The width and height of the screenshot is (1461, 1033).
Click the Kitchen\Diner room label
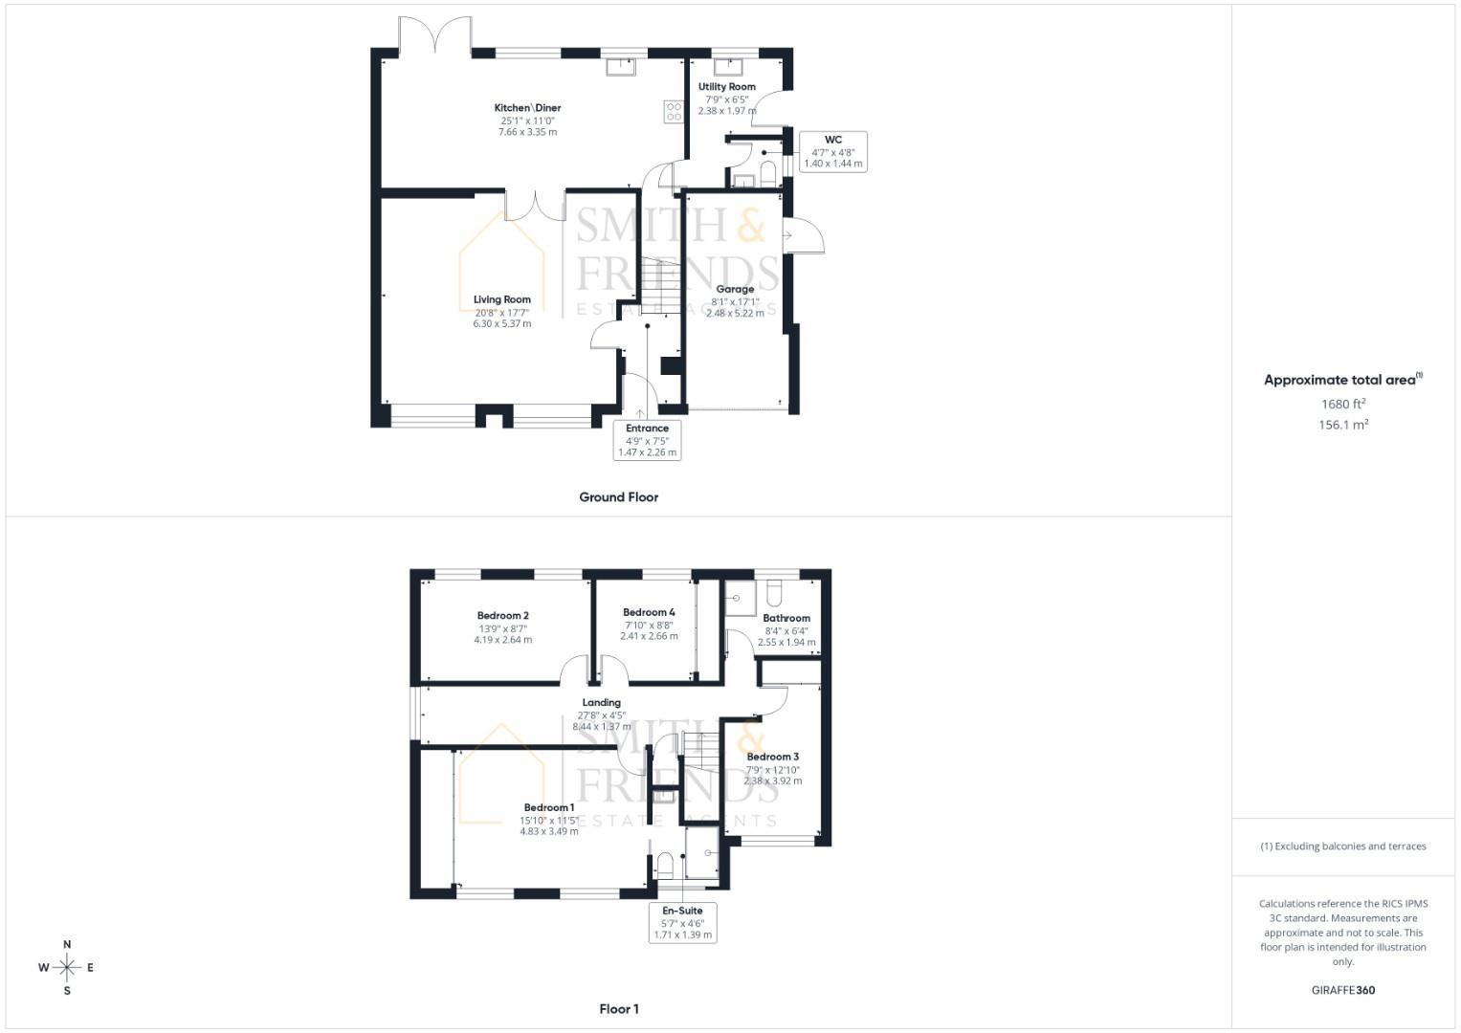click(x=527, y=108)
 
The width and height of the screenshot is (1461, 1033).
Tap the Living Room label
click(x=501, y=299)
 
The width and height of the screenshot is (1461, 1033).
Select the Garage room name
click(x=735, y=289)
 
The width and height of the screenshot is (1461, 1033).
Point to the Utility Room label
click(x=726, y=87)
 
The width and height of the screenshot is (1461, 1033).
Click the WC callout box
click(x=832, y=151)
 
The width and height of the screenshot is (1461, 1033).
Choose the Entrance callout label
click(x=647, y=440)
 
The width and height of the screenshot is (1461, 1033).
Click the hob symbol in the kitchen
click(x=674, y=112)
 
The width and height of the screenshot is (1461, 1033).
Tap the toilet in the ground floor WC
click(x=767, y=172)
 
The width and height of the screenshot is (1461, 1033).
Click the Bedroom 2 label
click(x=502, y=616)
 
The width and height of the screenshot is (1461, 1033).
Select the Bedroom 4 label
click(x=649, y=612)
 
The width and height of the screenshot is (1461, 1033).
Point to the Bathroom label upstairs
click(x=786, y=618)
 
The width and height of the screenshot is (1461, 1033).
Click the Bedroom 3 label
click(x=772, y=757)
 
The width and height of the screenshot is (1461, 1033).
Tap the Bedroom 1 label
click(x=548, y=808)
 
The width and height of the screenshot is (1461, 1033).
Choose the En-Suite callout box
click(x=683, y=922)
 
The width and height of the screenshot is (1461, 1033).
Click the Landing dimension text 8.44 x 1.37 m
click(x=601, y=727)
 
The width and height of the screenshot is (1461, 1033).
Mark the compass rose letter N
click(x=67, y=945)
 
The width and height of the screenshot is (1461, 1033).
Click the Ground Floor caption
click(x=618, y=497)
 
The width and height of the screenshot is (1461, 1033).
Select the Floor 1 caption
click(x=618, y=1009)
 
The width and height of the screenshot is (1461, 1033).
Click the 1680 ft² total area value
click(x=1342, y=405)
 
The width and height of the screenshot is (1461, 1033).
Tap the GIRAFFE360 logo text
click(x=1342, y=990)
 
